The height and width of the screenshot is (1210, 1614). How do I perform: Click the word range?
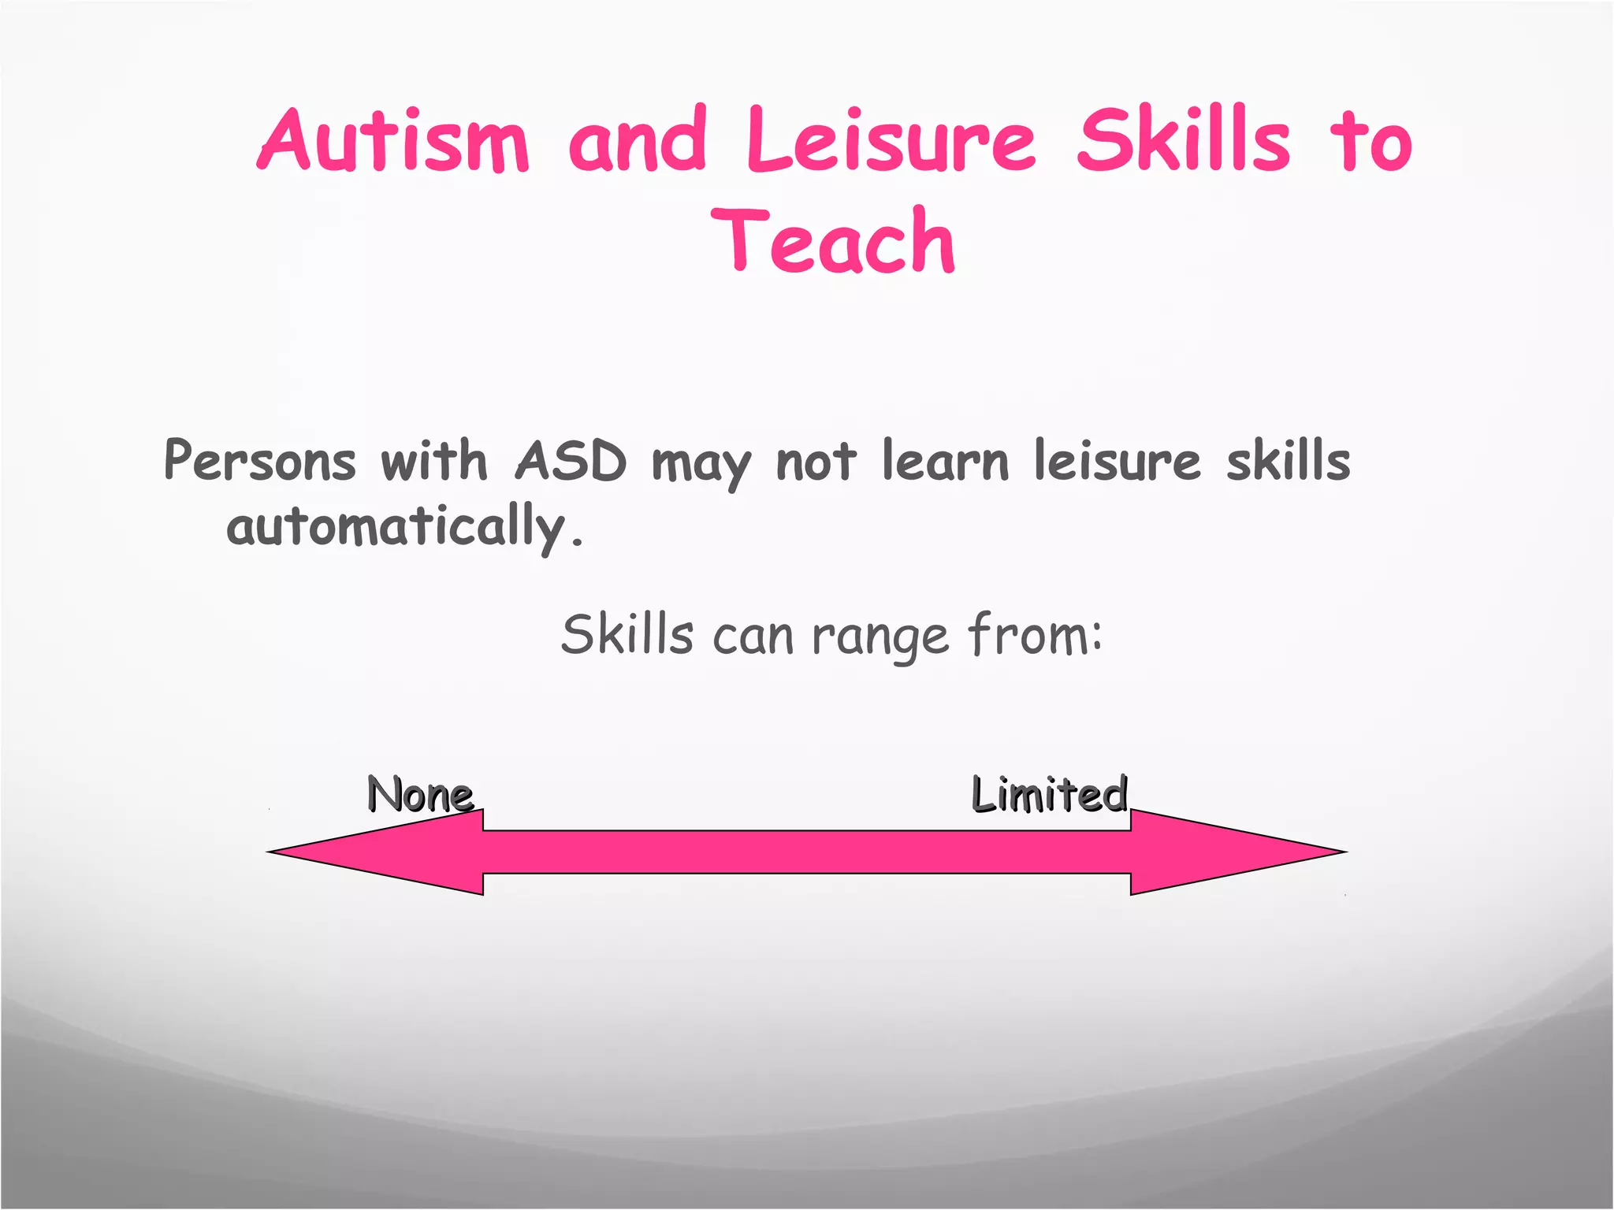click(880, 636)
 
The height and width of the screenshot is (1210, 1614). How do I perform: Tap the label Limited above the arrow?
click(1049, 793)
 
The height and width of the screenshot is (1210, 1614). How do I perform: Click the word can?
click(753, 636)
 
